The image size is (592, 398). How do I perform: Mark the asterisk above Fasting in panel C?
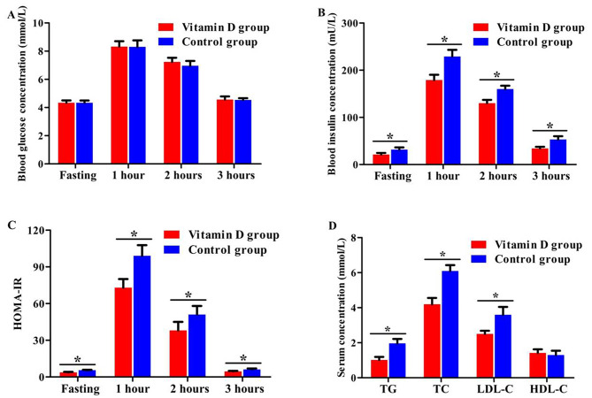click(77, 361)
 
